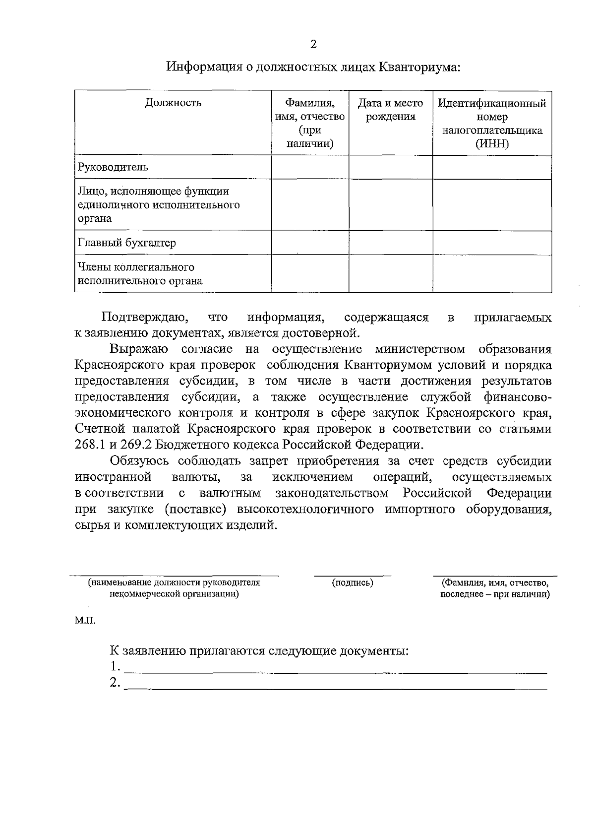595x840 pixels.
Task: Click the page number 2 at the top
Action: tap(313, 45)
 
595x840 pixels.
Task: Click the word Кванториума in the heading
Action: tap(420, 66)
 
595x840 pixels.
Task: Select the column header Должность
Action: tap(173, 103)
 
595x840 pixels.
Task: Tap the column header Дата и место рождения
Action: tap(391, 110)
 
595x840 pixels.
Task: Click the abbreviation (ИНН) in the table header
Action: tap(492, 144)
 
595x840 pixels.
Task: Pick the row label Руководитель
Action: tap(113, 167)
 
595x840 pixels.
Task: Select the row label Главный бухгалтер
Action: tap(127, 243)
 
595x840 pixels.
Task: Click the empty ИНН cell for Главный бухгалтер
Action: tap(492, 243)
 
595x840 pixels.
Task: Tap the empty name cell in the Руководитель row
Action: tap(310, 167)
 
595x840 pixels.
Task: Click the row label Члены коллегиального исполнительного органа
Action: tap(140, 274)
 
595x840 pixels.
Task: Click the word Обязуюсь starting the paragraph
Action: tap(139, 461)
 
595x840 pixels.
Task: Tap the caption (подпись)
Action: tap(353, 582)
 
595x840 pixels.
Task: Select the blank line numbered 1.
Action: tap(335, 671)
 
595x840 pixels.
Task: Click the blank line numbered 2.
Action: tap(335, 688)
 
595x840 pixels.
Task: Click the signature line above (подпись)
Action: tap(353, 576)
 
